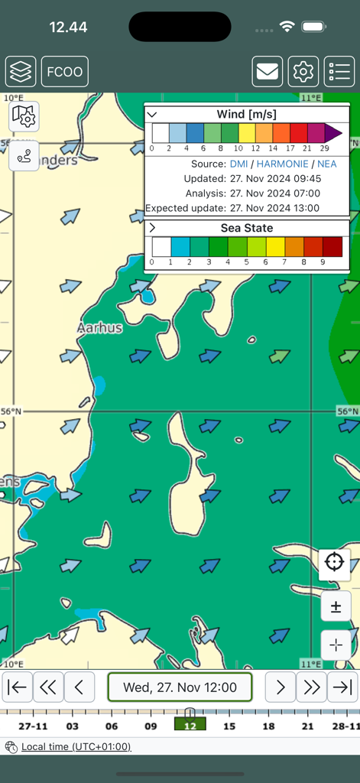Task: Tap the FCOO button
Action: coord(65,72)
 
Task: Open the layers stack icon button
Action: coord(21,72)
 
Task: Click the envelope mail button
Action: coord(268,72)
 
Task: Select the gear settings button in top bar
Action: coord(303,72)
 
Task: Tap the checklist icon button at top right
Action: coord(339,72)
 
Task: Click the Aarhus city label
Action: coord(99,328)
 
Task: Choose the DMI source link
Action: coord(238,164)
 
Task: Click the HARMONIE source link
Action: coord(282,164)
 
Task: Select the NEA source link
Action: coord(326,164)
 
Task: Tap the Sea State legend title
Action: coord(246,228)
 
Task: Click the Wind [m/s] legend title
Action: coord(246,115)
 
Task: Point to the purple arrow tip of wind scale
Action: coord(333,133)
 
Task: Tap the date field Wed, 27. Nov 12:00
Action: coord(180,687)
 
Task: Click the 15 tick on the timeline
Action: coord(229,726)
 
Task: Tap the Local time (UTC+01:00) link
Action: coord(76,747)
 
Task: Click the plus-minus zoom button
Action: coord(336,607)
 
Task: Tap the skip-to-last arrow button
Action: coord(342,687)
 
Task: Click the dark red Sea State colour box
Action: coord(332,246)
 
